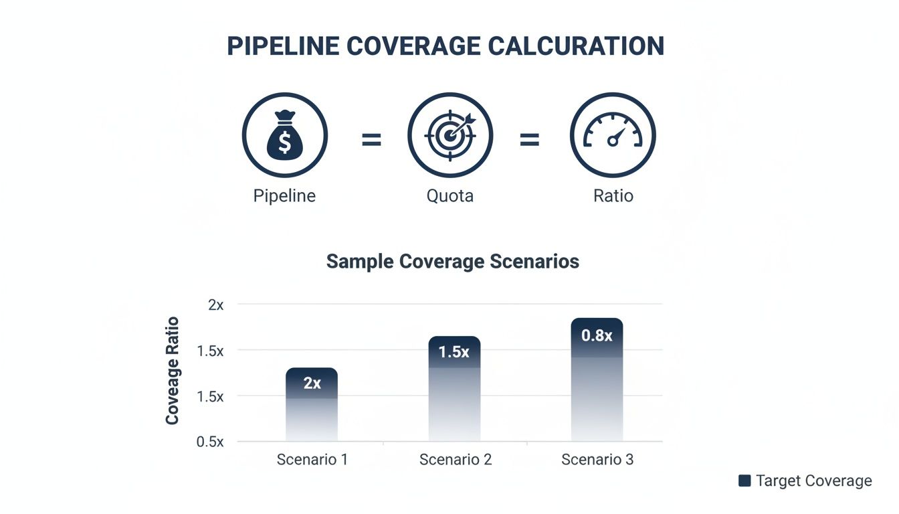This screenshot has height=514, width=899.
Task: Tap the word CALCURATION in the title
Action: pyautogui.click(x=576, y=46)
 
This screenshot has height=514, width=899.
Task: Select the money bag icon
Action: pyautogui.click(x=285, y=135)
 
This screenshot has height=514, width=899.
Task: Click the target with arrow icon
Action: pyautogui.click(x=450, y=135)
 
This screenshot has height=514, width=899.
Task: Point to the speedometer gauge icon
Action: pyautogui.click(x=613, y=135)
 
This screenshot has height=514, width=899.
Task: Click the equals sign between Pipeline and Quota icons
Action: pyautogui.click(x=371, y=140)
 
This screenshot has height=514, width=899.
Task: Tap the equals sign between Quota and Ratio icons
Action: pyautogui.click(x=529, y=140)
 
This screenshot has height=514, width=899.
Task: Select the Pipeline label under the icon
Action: pyautogui.click(x=284, y=196)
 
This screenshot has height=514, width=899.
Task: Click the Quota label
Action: pyautogui.click(x=449, y=196)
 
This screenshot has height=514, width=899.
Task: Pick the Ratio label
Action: pyautogui.click(x=613, y=196)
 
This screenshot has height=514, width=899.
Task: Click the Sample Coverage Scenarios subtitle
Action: pyautogui.click(x=452, y=261)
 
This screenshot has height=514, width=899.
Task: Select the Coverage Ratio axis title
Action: pyautogui.click(x=172, y=370)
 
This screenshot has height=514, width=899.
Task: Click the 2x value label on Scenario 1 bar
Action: pyautogui.click(x=312, y=383)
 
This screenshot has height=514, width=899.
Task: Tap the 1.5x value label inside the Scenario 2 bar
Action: pyautogui.click(x=454, y=352)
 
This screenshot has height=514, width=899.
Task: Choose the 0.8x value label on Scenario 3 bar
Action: pyautogui.click(x=597, y=335)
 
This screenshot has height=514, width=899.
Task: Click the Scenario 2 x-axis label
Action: pyautogui.click(x=455, y=460)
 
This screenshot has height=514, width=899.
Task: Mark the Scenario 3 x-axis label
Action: pyautogui.click(x=597, y=460)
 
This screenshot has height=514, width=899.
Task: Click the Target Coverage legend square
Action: pyautogui.click(x=744, y=481)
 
